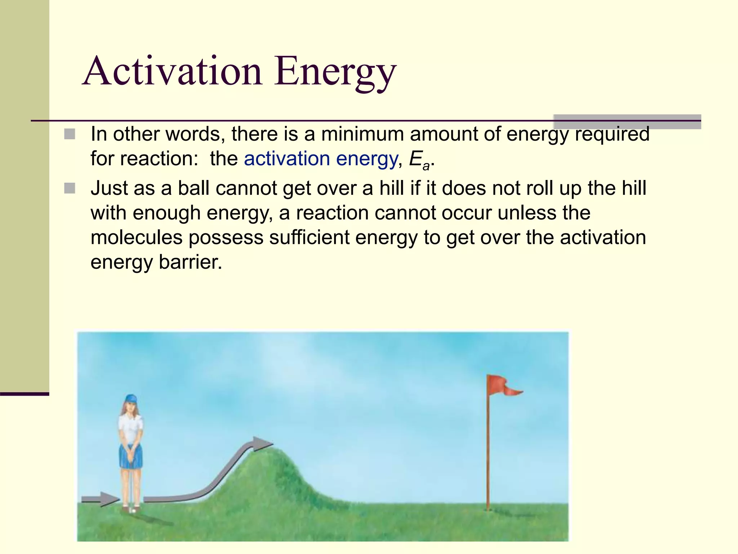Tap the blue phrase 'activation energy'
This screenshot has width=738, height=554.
click(321, 159)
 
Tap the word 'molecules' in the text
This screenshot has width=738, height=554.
click(137, 237)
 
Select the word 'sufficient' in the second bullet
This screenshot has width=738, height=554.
click(309, 237)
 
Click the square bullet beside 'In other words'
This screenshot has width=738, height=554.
click(70, 134)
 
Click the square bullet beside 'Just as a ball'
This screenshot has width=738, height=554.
click(70, 188)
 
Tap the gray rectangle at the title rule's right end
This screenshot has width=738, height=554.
click(627, 122)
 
